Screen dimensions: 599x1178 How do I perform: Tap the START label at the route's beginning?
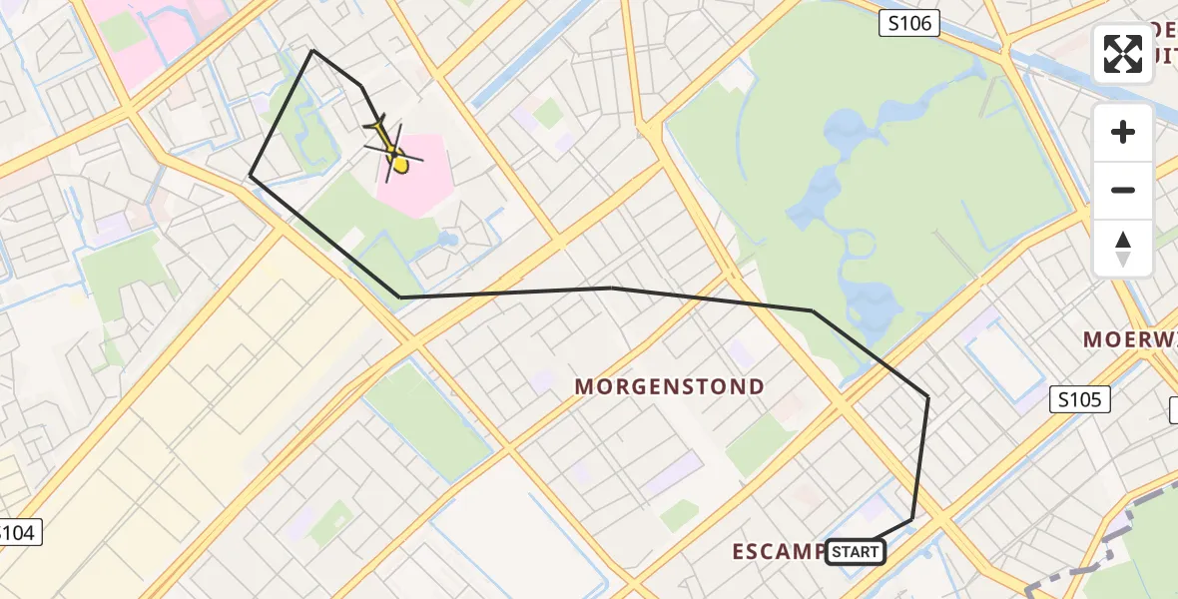pyautogui.click(x=856, y=551)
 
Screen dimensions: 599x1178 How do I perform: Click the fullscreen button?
pyautogui.click(x=1123, y=54)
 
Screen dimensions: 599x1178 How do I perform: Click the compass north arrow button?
pyautogui.click(x=1123, y=249)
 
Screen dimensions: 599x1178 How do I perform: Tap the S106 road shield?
pyautogui.click(x=909, y=23)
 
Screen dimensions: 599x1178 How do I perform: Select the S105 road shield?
pyautogui.click(x=1081, y=400)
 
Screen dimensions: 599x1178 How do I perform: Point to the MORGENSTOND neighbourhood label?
pyautogui.click(x=670, y=386)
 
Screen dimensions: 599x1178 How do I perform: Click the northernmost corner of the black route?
pyautogui.click(x=312, y=50)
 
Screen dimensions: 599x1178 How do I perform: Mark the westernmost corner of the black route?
pyautogui.click(x=250, y=177)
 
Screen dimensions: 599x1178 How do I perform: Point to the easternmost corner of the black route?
pyautogui.click(x=928, y=397)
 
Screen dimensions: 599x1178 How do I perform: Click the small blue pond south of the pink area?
pyautogui.click(x=448, y=240)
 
